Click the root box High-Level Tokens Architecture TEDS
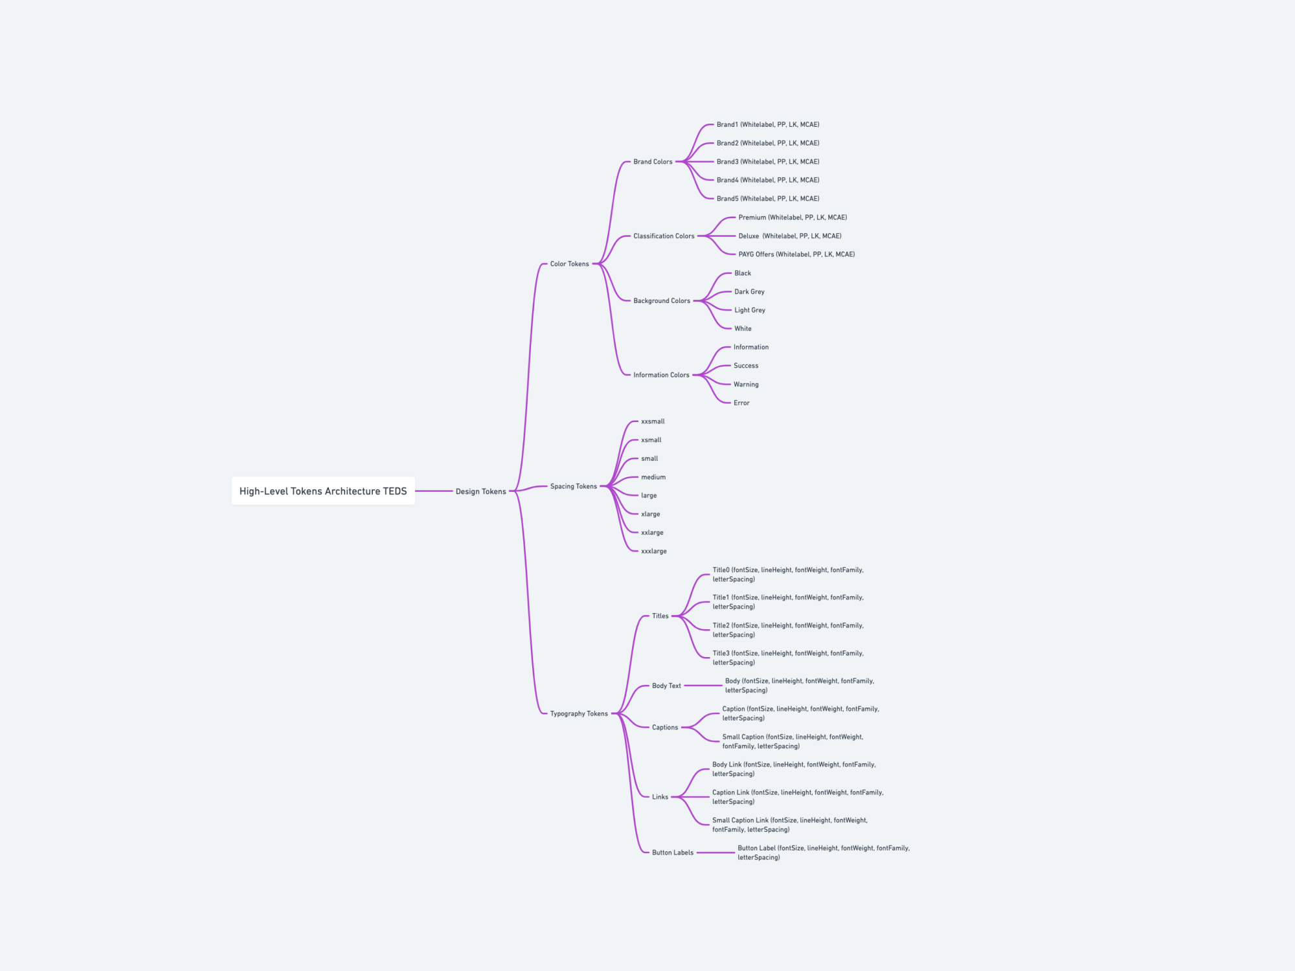[323, 491]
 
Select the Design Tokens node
[480, 492]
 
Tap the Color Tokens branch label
[569, 264]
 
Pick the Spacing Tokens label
[573, 487]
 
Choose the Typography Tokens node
[579, 714]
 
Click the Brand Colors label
[653, 162]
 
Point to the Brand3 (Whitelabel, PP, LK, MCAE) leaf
[767, 162]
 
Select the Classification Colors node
[664, 236]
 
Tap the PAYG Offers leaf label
[796, 254]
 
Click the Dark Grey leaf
[749, 292]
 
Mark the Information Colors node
[661, 375]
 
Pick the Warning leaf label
[746, 385]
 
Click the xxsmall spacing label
[653, 422]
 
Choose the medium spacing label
[653, 478]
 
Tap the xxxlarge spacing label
[654, 552]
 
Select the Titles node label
[660, 616]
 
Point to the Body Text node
[666, 686]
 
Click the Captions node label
[665, 728]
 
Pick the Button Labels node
[672, 853]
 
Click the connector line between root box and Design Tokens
[434, 491]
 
